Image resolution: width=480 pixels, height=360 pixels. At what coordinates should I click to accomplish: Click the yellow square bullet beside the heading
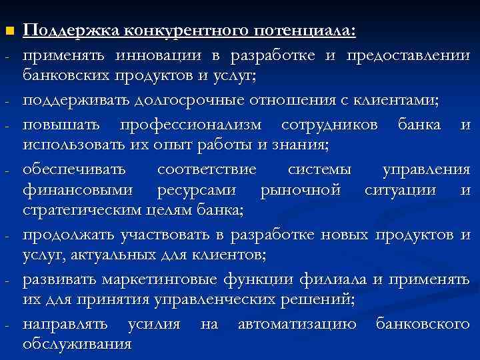pos(8,31)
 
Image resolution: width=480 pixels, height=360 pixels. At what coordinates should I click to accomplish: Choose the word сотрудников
pos(332,125)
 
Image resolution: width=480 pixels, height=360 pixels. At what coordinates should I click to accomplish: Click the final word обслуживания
pos(77,345)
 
